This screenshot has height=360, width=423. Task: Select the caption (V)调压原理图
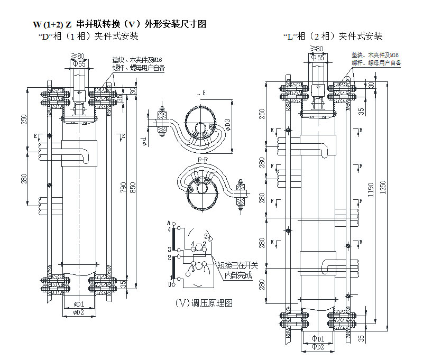[x=204, y=303]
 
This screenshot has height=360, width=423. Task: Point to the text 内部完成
[x=237, y=275]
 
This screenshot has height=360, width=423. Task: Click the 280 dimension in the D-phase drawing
[x=24, y=179]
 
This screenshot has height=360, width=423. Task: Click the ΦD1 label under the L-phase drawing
[x=318, y=338]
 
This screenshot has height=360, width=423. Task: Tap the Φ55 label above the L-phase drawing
[x=318, y=57]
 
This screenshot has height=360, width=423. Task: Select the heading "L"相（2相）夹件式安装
[x=333, y=36]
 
